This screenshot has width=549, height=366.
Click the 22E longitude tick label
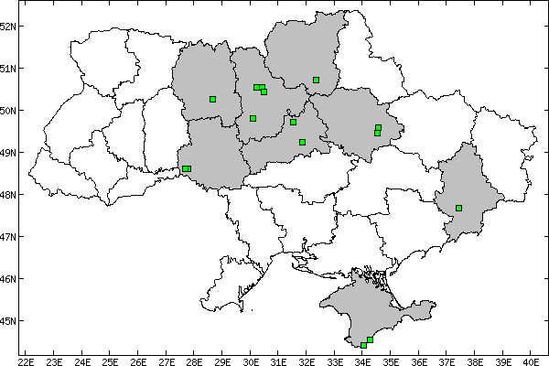pos(27,359)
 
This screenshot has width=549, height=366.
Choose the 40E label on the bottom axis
pos(531,359)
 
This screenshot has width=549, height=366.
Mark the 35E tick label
pos(391,359)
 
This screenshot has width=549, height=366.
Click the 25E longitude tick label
pos(111,359)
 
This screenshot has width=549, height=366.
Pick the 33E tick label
pos(335,359)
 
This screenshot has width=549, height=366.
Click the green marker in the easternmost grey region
pos(458,208)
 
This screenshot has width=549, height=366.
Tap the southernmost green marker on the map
pos(363,345)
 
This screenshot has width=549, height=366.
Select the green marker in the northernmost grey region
pos(316,80)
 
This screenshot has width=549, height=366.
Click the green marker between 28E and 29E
pos(212,99)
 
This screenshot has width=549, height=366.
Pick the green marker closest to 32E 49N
pos(302,142)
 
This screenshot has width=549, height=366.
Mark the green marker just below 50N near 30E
pos(253,118)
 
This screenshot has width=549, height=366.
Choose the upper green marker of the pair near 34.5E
pos(378,127)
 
